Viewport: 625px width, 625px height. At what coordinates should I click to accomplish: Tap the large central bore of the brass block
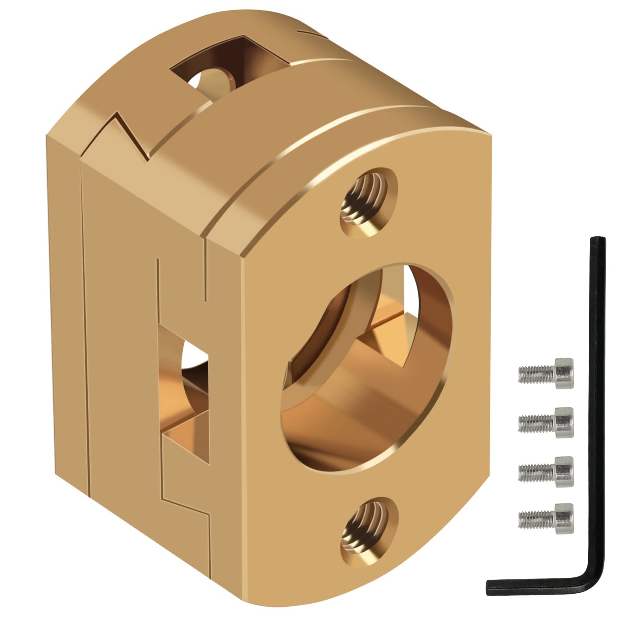point(367,367)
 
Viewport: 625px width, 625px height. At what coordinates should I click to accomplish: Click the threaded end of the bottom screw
point(529,517)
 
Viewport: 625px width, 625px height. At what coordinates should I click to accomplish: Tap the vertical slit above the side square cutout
point(158,289)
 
